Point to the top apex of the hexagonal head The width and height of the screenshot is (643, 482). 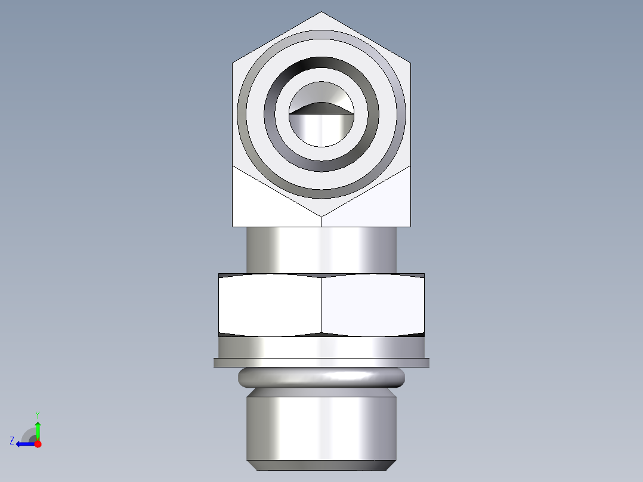pos(321,13)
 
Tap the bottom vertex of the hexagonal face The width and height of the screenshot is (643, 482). pos(321,215)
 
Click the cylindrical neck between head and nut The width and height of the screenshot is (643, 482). pos(321,249)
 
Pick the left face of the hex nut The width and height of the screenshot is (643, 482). pos(270,304)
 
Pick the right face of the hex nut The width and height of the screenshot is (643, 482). pos(373,304)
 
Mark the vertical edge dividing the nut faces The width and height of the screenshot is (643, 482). pos(321,304)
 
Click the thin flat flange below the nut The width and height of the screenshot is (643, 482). pos(321,362)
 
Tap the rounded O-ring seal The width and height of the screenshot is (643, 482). pos(321,378)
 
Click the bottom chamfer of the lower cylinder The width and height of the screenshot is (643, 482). pos(321,465)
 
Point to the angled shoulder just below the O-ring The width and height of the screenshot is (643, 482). pos(321,393)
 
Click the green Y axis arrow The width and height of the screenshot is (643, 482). pos(38,430)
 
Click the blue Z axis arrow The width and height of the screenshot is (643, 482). pos(24,444)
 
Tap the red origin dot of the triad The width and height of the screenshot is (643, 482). pos(38,444)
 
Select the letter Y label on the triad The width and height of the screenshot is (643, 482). pos(38,414)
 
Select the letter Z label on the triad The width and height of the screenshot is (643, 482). pos(12,441)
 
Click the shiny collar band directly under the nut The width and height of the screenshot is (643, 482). pos(321,346)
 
